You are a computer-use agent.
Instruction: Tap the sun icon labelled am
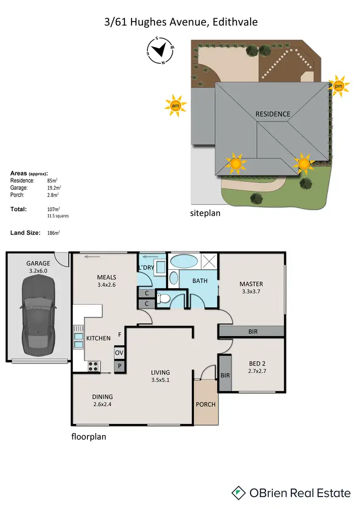tap(175, 106)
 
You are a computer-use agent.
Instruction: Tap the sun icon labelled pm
tap(339, 87)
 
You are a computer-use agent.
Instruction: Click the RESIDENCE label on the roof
tap(273, 114)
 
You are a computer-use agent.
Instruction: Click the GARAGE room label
tap(38, 263)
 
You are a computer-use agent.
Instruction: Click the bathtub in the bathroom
tap(184, 262)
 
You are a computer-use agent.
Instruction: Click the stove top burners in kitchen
tap(93, 367)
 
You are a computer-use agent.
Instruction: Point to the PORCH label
tap(205, 404)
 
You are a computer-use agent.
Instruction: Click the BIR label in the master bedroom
tap(252, 331)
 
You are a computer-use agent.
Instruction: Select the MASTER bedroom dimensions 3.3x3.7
tap(252, 291)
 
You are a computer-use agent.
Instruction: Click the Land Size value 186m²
tap(53, 233)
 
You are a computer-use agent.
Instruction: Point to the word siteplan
tap(205, 213)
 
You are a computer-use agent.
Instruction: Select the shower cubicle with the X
tap(209, 261)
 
